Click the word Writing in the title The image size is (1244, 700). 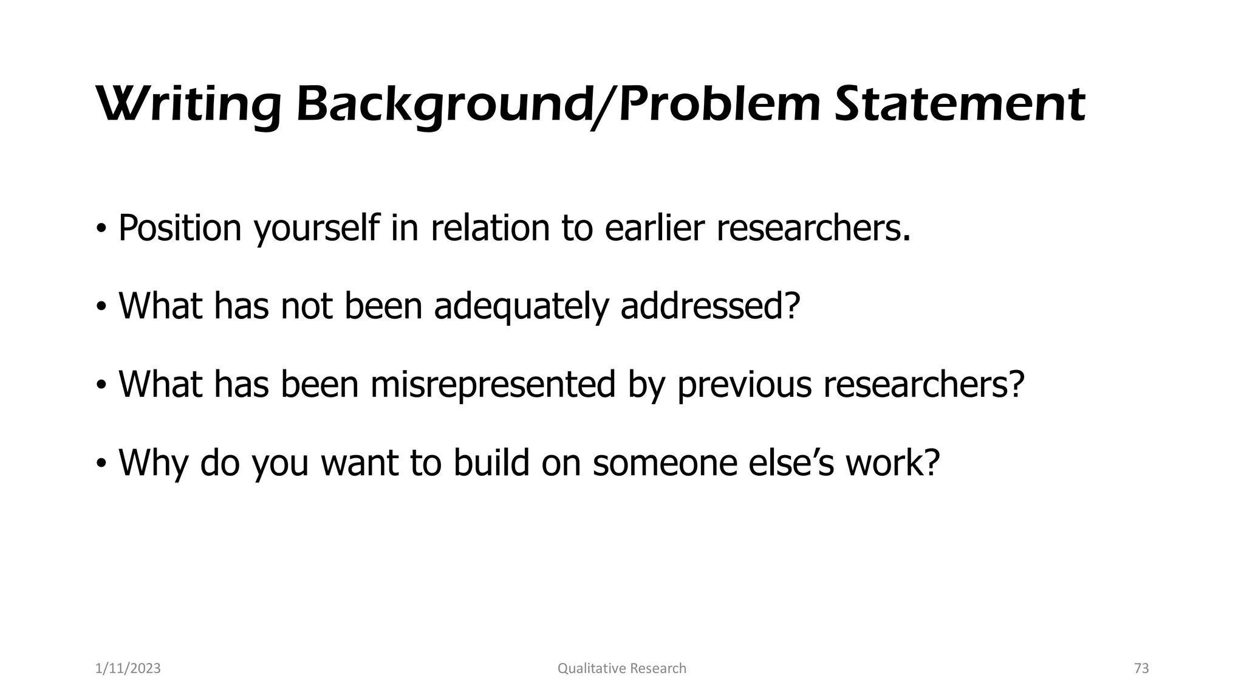188,105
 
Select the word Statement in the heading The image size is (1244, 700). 960,105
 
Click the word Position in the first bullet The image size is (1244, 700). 180,228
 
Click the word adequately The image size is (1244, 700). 521,306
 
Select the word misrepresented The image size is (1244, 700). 493,385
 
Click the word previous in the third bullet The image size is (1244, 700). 744,385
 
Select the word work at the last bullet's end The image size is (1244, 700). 893,462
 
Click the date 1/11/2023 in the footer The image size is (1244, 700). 128,668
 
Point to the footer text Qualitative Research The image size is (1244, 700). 621,668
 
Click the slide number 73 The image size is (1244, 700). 1141,668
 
